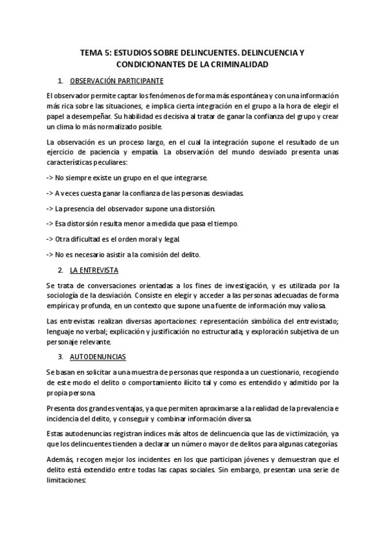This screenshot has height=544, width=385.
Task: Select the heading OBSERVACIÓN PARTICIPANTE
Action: coord(116,81)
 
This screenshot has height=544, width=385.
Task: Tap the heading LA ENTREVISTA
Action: coord(93,270)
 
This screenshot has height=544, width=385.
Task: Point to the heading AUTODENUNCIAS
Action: coord(98,355)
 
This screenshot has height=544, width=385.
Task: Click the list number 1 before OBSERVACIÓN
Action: coord(60,81)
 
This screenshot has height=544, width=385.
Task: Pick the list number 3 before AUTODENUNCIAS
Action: coord(60,355)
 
